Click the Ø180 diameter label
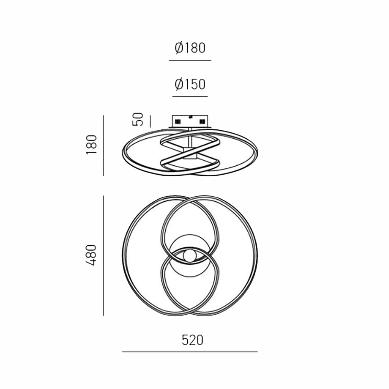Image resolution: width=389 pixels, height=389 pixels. [x=190, y=48]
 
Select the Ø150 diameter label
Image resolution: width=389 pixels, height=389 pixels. [x=190, y=84]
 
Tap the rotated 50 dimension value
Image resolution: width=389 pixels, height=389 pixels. [x=138, y=119]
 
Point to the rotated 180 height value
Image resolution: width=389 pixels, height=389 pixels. [x=91, y=145]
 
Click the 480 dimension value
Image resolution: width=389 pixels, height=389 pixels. [x=91, y=255]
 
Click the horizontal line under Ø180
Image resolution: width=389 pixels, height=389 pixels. [x=190, y=60]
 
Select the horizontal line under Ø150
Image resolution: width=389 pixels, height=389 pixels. [x=190, y=97]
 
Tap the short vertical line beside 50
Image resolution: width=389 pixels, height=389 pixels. [x=150, y=121]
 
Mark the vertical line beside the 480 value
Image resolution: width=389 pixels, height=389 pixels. [x=103, y=255]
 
